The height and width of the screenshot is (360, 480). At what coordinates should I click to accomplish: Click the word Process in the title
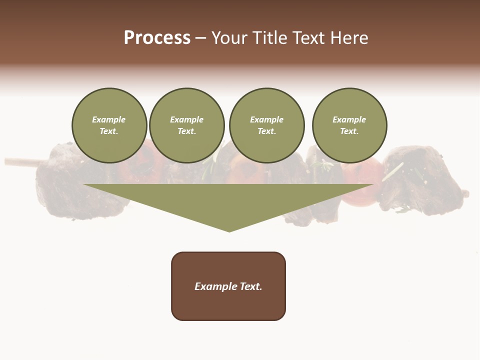(157, 38)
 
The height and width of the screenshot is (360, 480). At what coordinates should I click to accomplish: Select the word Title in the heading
(268, 38)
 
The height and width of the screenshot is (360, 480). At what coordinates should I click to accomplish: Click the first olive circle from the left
(109, 125)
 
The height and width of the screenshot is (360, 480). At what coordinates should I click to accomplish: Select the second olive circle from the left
(187, 125)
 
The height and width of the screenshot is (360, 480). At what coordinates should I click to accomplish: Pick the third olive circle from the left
(266, 125)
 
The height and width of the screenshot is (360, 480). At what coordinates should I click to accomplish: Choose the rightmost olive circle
(349, 125)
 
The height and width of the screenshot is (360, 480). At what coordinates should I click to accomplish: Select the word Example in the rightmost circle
(349, 119)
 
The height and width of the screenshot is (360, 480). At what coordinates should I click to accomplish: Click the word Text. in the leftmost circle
(109, 131)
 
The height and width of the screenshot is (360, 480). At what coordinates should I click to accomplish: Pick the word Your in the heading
(229, 38)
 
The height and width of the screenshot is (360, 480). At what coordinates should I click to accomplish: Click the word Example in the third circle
(266, 119)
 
